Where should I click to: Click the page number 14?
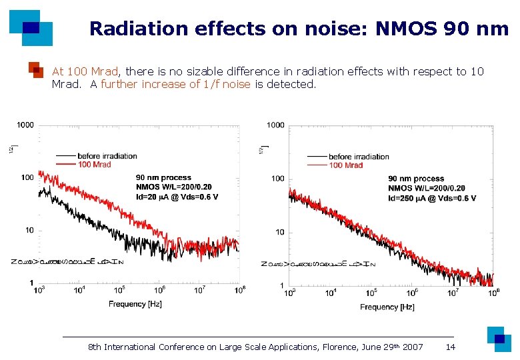451,347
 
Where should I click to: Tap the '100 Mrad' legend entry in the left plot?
94,165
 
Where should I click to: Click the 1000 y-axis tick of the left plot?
26,125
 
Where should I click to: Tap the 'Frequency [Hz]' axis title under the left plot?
136,304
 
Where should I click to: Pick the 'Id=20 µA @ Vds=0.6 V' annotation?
177,197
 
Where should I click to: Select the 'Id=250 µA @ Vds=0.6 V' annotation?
432,198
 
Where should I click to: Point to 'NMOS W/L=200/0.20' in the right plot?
427,189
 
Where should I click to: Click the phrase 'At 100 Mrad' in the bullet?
85,71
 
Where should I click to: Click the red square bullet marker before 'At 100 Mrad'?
37,71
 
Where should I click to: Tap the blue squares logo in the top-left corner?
31,27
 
